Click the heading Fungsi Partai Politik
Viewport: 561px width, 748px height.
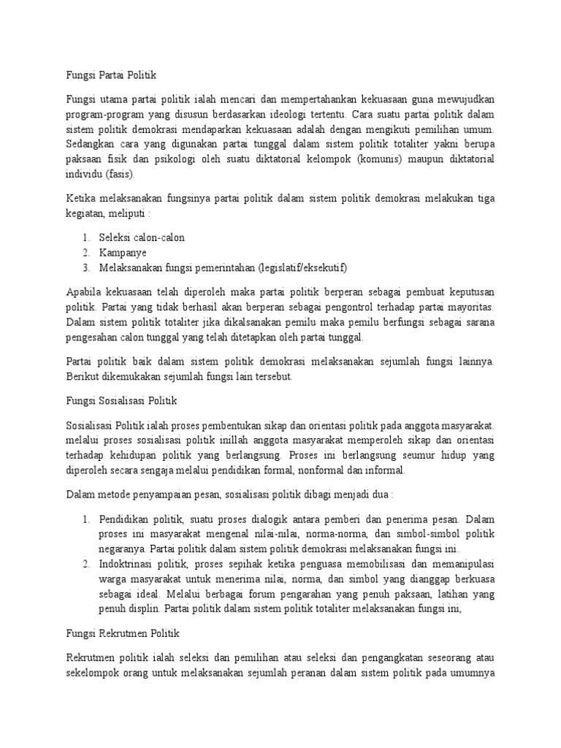coord(112,75)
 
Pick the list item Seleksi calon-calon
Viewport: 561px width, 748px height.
coord(142,238)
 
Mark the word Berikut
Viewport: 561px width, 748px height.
coord(84,376)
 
